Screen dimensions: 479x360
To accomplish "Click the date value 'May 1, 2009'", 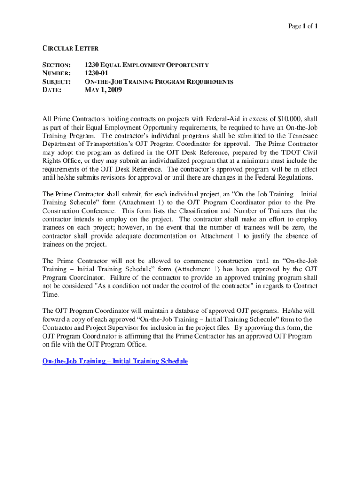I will pos(103,90).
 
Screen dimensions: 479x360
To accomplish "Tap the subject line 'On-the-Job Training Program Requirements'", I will pos(158,82).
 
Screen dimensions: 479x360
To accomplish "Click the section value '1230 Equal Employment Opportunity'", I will pos(146,65).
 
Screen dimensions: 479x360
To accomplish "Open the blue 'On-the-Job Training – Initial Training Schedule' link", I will pos(115,361).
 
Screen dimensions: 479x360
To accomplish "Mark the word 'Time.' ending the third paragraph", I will pos(51,294).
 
